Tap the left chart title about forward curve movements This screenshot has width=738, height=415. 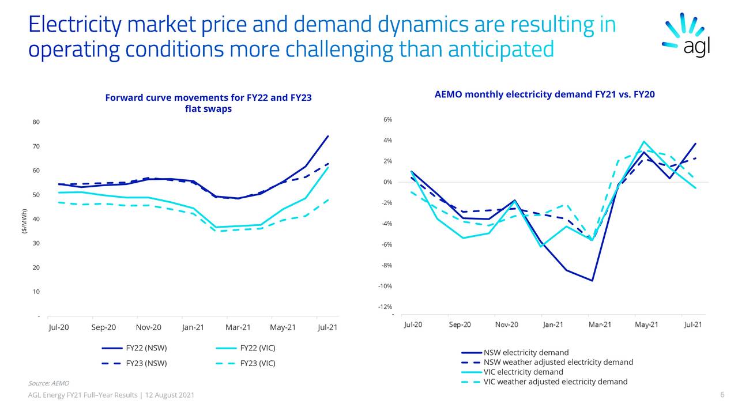(208, 103)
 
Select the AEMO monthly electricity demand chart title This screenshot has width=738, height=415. (544, 95)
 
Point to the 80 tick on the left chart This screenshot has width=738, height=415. (36, 122)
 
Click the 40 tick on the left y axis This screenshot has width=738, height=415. (36, 219)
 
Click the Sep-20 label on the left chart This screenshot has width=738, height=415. (104, 327)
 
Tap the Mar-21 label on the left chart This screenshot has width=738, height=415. (238, 327)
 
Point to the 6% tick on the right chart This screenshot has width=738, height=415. (387, 119)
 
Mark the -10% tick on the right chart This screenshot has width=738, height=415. (385, 286)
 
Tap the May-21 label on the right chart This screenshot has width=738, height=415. (646, 325)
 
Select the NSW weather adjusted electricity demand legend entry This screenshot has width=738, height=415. (558, 362)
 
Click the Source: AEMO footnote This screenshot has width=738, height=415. (48, 383)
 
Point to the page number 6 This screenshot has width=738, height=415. (722, 395)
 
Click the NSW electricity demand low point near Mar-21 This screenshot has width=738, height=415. (592, 281)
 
